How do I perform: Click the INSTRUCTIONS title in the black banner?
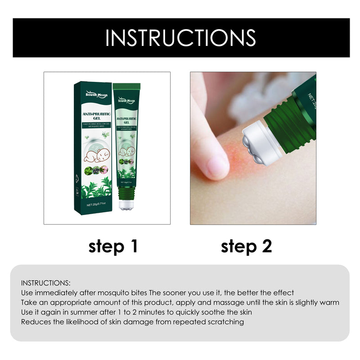coord(180,38)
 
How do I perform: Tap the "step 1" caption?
coord(112,246)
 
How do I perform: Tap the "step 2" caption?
coord(246,246)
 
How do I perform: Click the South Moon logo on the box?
coord(94,93)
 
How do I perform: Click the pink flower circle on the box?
coord(104,170)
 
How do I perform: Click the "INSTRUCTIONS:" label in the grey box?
coord(45,283)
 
